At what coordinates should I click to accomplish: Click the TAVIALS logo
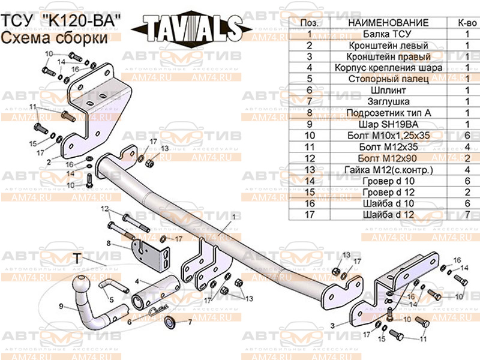189,28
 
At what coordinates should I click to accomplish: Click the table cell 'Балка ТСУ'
388,34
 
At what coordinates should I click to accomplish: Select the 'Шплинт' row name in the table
388,91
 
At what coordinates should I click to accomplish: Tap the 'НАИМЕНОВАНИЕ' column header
388,23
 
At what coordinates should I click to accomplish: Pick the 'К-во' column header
467,23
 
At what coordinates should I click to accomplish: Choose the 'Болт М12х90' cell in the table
388,158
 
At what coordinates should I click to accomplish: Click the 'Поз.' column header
309,23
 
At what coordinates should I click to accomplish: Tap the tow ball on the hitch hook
81,283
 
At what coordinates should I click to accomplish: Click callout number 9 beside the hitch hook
61,307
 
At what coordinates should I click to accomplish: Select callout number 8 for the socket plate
109,243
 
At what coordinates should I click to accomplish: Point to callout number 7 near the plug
190,322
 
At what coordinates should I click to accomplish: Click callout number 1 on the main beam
232,215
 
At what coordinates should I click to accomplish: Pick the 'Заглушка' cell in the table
388,102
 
